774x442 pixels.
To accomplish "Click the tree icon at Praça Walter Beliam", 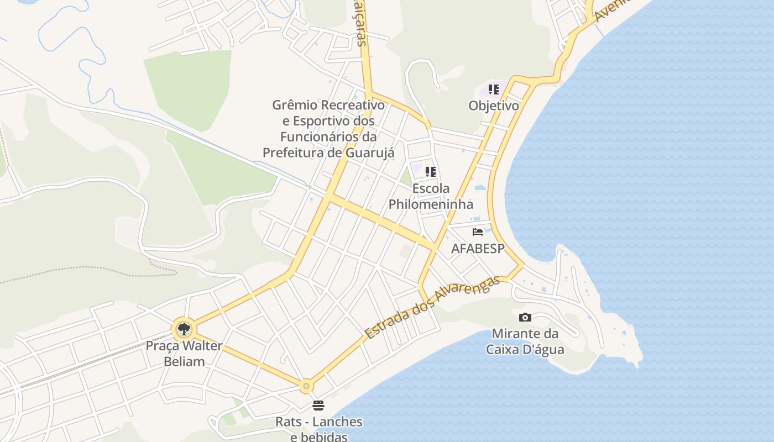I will coord(184,330).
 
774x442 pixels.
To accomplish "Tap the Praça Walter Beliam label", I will coord(184,354).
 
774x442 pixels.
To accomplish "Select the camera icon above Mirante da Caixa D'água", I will coord(525,317).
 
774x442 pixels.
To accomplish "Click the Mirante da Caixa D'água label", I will coord(525,341).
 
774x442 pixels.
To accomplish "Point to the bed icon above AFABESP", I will coord(478,232).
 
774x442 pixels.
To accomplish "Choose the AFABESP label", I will coord(478,248).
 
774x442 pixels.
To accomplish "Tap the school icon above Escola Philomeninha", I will coord(431,172).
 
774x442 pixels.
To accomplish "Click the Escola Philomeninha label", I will coord(431,196).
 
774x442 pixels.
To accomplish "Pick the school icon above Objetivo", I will coord(494,90).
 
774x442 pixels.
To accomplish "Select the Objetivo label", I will coord(494,106).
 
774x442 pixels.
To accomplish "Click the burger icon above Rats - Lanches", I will coord(318,406).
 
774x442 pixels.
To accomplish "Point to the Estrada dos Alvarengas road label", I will coord(432,307).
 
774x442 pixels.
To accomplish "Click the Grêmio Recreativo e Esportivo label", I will coord(328,128).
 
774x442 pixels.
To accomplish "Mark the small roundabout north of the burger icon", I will coord(306,386).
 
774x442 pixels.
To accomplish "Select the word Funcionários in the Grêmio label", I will coord(321,136).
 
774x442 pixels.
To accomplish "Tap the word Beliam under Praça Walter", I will coord(184,362).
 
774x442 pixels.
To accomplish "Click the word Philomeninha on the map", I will coord(431,204).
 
